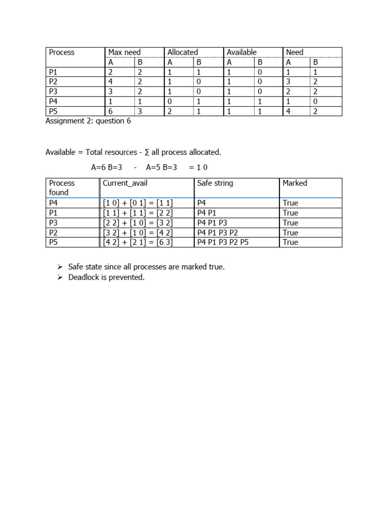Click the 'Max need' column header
click(x=124, y=52)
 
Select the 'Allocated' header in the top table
click(x=182, y=52)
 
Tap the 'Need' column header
click(x=295, y=52)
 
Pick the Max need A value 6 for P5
click(x=111, y=111)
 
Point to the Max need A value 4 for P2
click(x=111, y=81)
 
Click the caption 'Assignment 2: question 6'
click(x=88, y=121)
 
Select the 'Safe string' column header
click(x=215, y=183)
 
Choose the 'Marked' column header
click(x=295, y=183)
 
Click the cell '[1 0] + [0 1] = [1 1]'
click(x=137, y=203)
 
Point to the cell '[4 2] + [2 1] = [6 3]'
click(x=137, y=242)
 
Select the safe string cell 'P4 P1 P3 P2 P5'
click(x=223, y=242)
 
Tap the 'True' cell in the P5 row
click(x=290, y=242)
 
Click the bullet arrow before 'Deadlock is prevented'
click(x=60, y=278)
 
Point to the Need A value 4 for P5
click(x=288, y=111)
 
